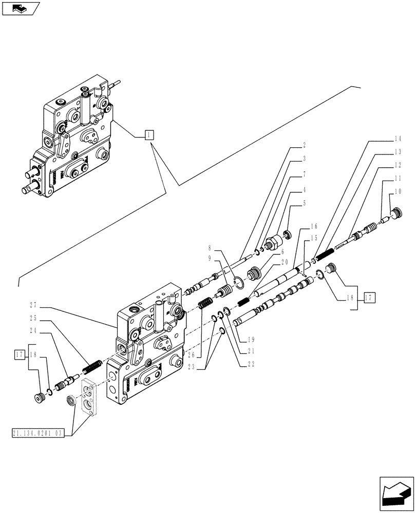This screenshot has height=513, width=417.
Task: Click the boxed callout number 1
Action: (x=147, y=135)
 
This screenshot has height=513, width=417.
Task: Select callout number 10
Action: (x=398, y=193)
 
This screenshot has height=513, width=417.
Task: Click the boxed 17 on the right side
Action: (x=370, y=297)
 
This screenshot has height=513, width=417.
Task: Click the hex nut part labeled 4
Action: (x=273, y=239)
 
